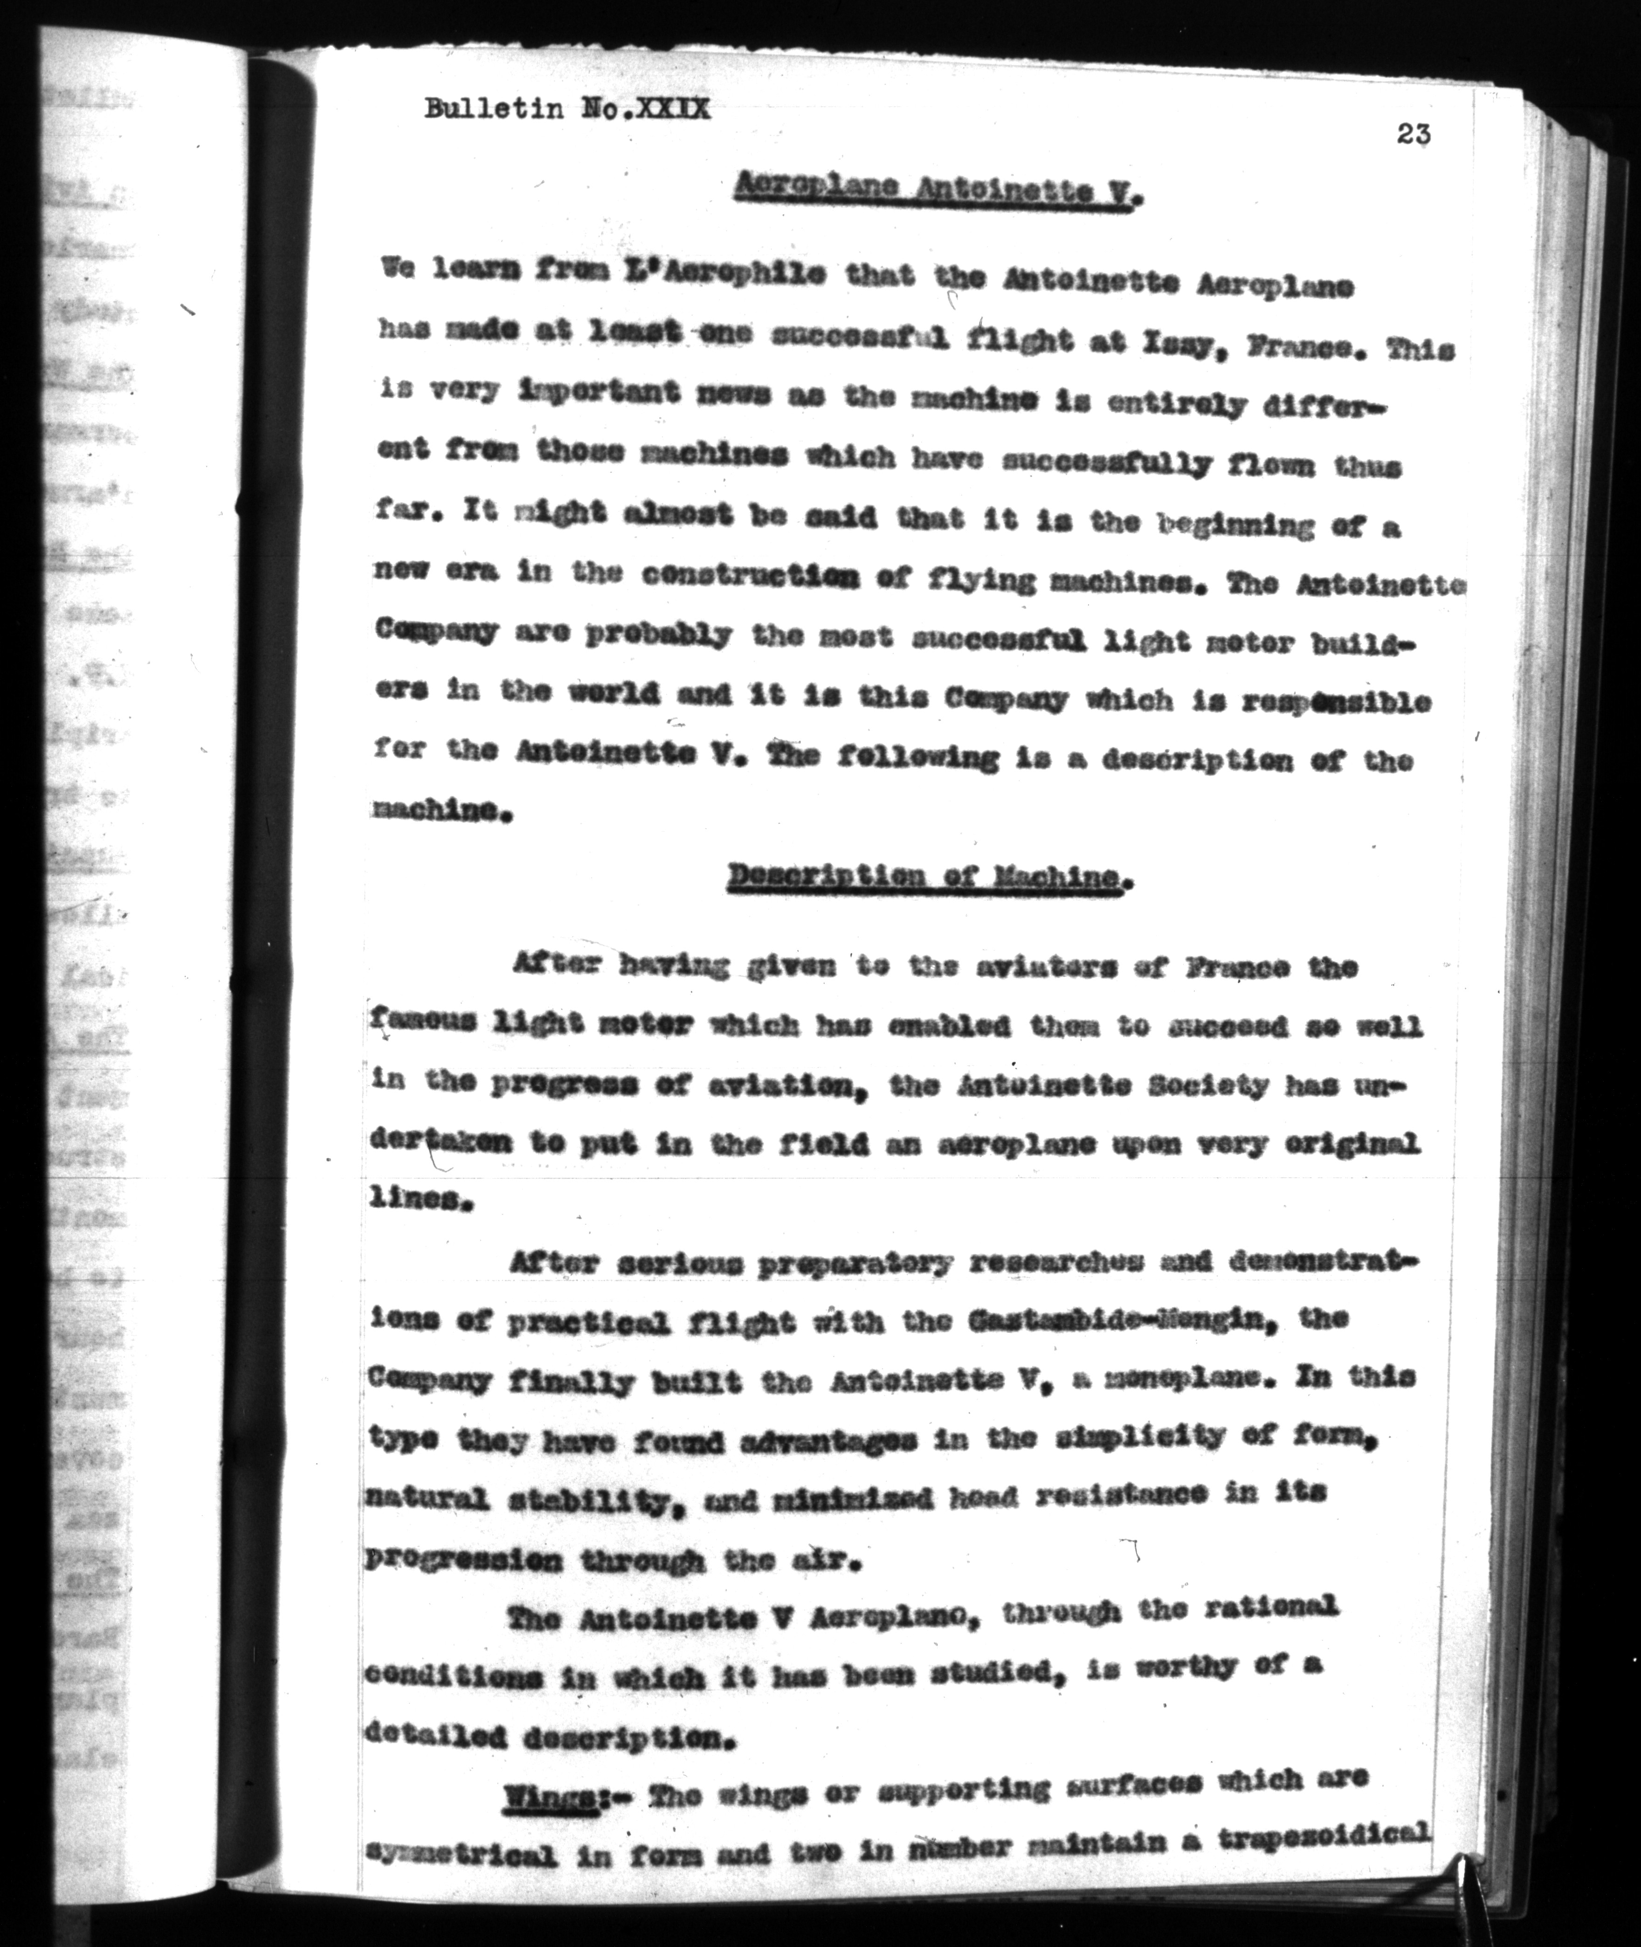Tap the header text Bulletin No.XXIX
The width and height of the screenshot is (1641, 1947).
pos(567,110)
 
